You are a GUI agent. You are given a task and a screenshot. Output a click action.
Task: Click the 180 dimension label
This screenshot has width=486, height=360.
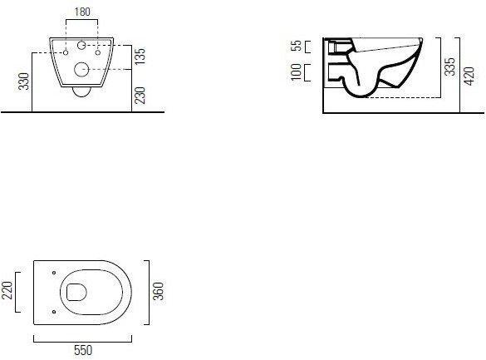[x=82, y=12]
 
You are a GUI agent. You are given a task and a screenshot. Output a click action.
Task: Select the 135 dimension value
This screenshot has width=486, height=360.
[x=140, y=57]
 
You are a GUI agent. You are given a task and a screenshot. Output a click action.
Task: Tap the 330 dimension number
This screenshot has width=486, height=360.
[x=23, y=81]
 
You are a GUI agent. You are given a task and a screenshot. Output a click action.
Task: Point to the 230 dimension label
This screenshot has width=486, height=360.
[x=140, y=95]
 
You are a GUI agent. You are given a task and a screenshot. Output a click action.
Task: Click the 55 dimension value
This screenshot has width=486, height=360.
[x=297, y=46]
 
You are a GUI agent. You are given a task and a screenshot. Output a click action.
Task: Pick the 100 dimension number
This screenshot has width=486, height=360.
[x=296, y=72]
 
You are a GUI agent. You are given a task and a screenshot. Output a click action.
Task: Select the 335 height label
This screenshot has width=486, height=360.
[x=449, y=67]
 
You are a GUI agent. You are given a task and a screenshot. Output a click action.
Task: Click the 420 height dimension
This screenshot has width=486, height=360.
[x=469, y=76]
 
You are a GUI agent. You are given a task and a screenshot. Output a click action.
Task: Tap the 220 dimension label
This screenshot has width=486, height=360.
[x=7, y=290]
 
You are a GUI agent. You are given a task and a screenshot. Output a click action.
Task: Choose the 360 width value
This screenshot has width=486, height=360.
[x=158, y=291]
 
